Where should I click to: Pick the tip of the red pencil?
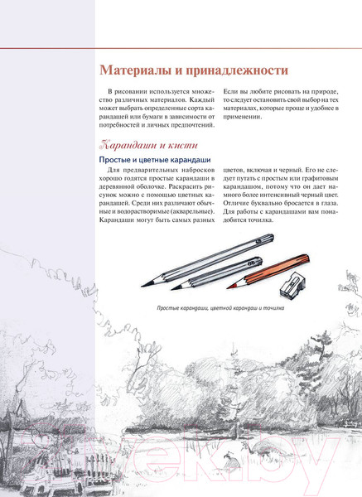click(x=228, y=287)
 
